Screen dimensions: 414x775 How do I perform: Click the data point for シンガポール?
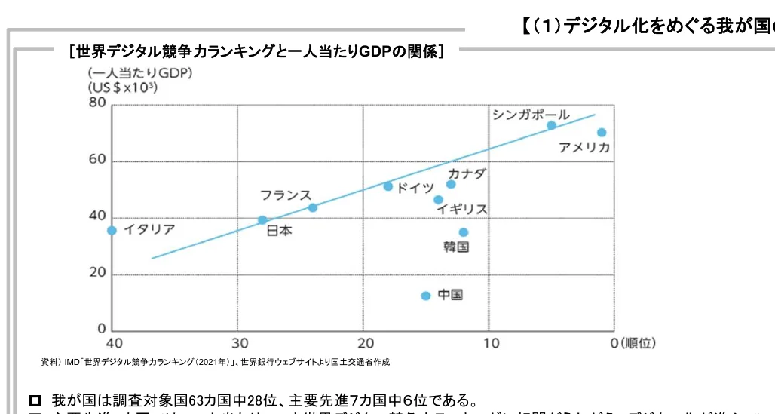click(x=551, y=126)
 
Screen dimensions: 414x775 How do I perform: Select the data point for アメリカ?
click(x=602, y=133)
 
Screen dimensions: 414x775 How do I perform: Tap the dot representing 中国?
click(x=426, y=296)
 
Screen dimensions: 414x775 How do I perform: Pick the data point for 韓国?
click(x=464, y=232)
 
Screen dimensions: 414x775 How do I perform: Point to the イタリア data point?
click(x=112, y=231)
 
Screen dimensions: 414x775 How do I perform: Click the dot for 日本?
click(x=262, y=220)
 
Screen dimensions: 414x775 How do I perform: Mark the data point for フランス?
click(x=313, y=207)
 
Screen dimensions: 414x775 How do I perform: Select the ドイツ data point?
click(x=388, y=186)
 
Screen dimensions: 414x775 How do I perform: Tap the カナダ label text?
click(x=467, y=174)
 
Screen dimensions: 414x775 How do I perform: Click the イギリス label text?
click(x=462, y=209)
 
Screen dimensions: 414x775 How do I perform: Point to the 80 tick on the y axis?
click(x=97, y=104)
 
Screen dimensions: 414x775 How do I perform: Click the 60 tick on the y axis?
click(x=97, y=161)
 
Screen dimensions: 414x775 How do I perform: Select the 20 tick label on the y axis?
click(x=97, y=273)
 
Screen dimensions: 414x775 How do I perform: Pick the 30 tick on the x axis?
click(x=237, y=343)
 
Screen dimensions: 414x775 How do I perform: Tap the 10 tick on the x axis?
click(x=490, y=343)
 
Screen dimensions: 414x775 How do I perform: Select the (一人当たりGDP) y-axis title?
click(x=139, y=73)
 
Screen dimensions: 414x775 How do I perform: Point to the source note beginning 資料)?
click(x=216, y=362)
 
